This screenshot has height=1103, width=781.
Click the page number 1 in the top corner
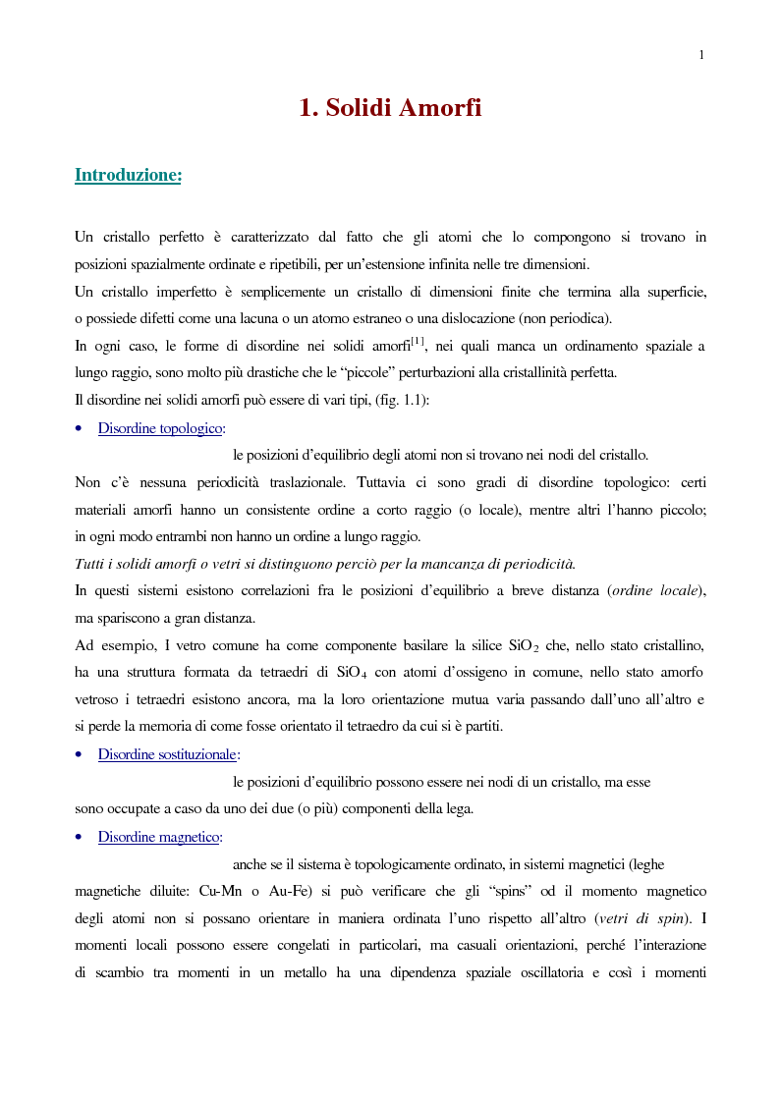[701, 55]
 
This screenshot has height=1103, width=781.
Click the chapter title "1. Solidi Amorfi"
[390, 108]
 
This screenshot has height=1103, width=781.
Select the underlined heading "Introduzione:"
[129, 175]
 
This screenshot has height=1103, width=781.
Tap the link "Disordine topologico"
[160, 428]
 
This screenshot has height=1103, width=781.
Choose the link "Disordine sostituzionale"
[167, 754]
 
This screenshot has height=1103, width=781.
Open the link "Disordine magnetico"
[159, 837]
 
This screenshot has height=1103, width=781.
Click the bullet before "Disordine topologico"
[79, 429]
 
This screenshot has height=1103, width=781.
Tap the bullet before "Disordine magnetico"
[79, 838]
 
